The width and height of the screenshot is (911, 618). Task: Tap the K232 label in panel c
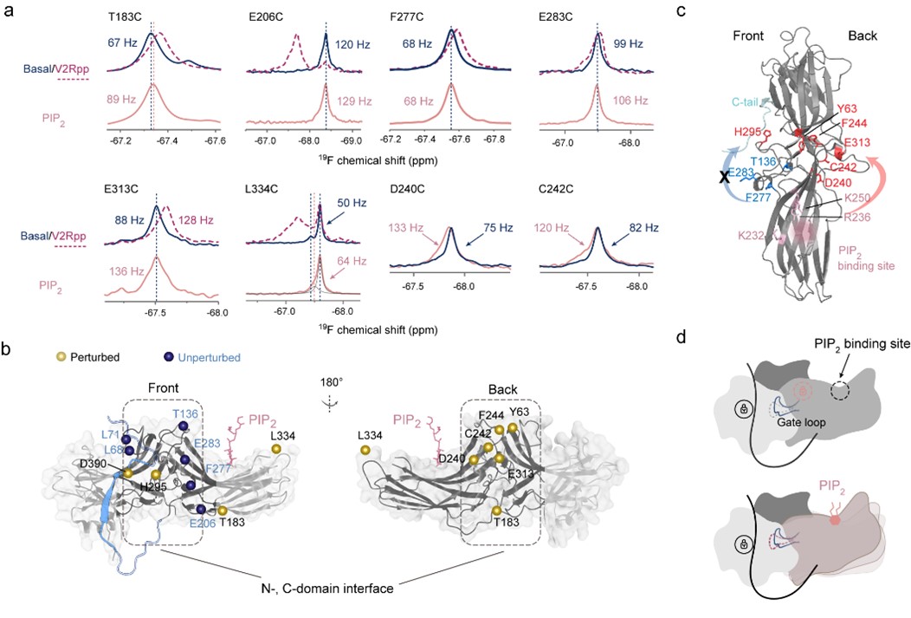pos(753,234)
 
